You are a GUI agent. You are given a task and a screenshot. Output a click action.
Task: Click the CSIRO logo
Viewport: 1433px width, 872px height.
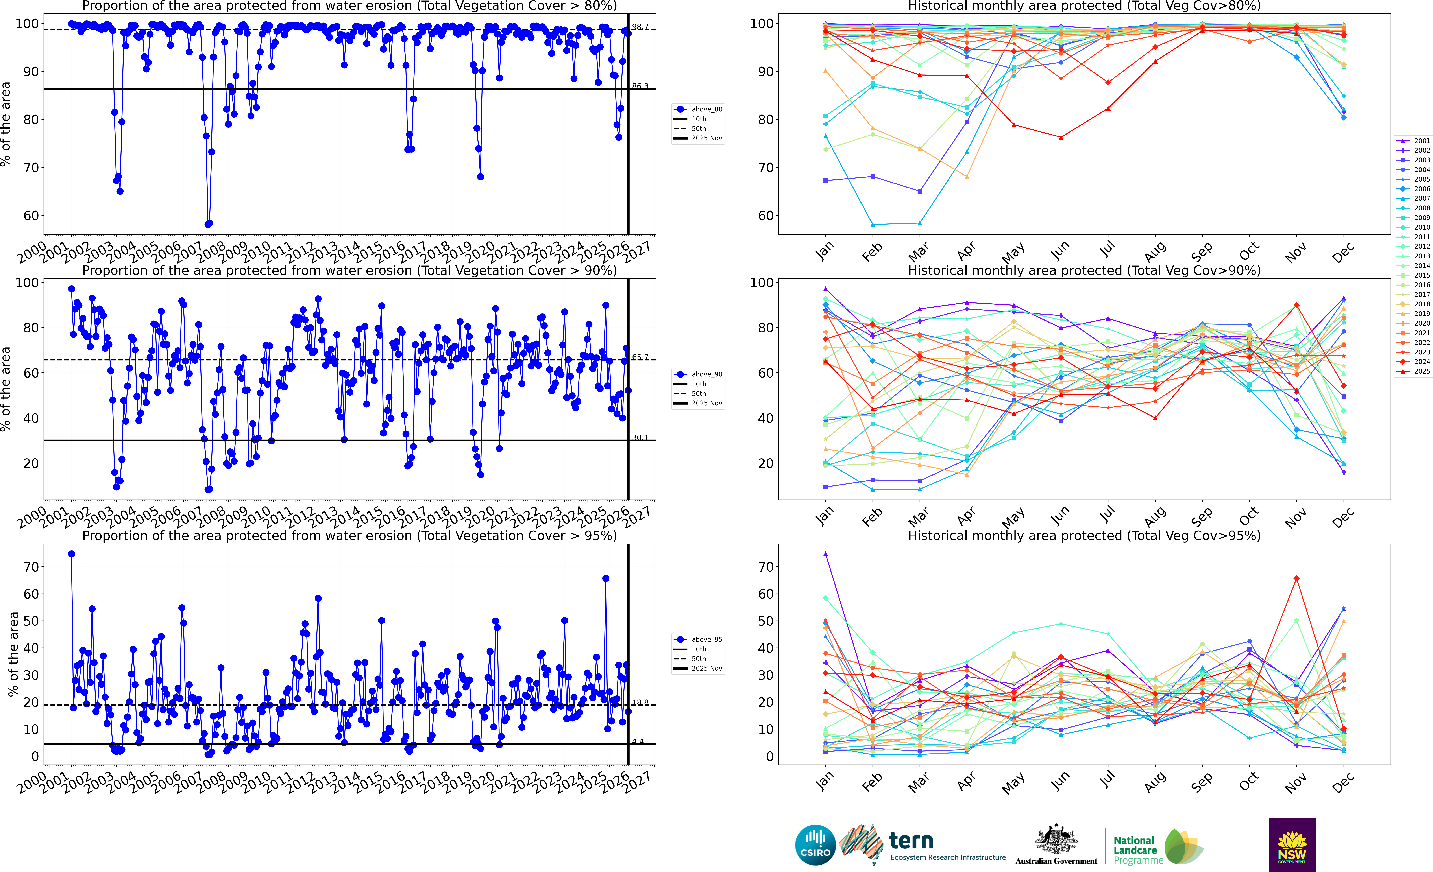pyautogui.click(x=815, y=845)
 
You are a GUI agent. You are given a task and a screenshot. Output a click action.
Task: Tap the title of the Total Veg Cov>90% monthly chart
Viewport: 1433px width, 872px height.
pyautogui.click(x=1084, y=270)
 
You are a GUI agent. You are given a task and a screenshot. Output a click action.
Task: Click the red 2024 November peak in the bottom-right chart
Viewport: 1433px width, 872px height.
pyautogui.click(x=1296, y=578)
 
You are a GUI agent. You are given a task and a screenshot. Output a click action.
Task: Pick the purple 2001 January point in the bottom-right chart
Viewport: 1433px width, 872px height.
pyautogui.click(x=825, y=554)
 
